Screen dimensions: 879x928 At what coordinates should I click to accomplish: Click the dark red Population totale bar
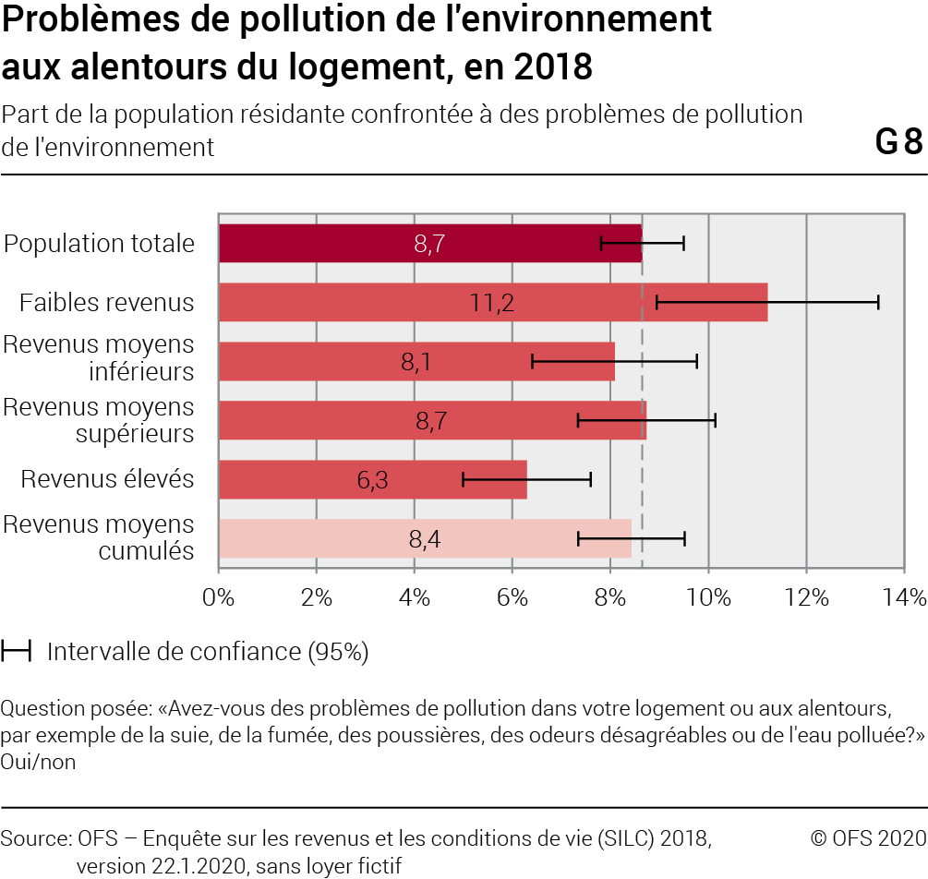click(x=323, y=244)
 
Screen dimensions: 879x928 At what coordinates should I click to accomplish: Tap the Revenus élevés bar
click(x=305, y=479)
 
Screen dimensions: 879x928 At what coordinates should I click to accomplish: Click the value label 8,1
click(x=416, y=362)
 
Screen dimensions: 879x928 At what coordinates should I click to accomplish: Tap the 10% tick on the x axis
click(x=708, y=597)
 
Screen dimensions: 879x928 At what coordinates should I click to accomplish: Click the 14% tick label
click(x=902, y=597)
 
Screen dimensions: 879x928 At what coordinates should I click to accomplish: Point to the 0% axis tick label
click(x=219, y=597)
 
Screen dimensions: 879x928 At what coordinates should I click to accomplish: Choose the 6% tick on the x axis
click(x=512, y=597)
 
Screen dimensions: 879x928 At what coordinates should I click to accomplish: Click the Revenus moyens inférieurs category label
click(x=99, y=358)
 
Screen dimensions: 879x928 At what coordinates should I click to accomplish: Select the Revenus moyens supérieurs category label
click(x=99, y=419)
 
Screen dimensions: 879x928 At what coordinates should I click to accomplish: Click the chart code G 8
click(x=898, y=143)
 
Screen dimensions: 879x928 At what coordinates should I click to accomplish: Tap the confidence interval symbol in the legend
click(x=16, y=652)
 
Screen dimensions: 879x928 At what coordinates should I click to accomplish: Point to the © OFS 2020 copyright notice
click(x=867, y=838)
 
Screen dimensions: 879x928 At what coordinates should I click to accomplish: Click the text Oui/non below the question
click(x=38, y=762)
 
